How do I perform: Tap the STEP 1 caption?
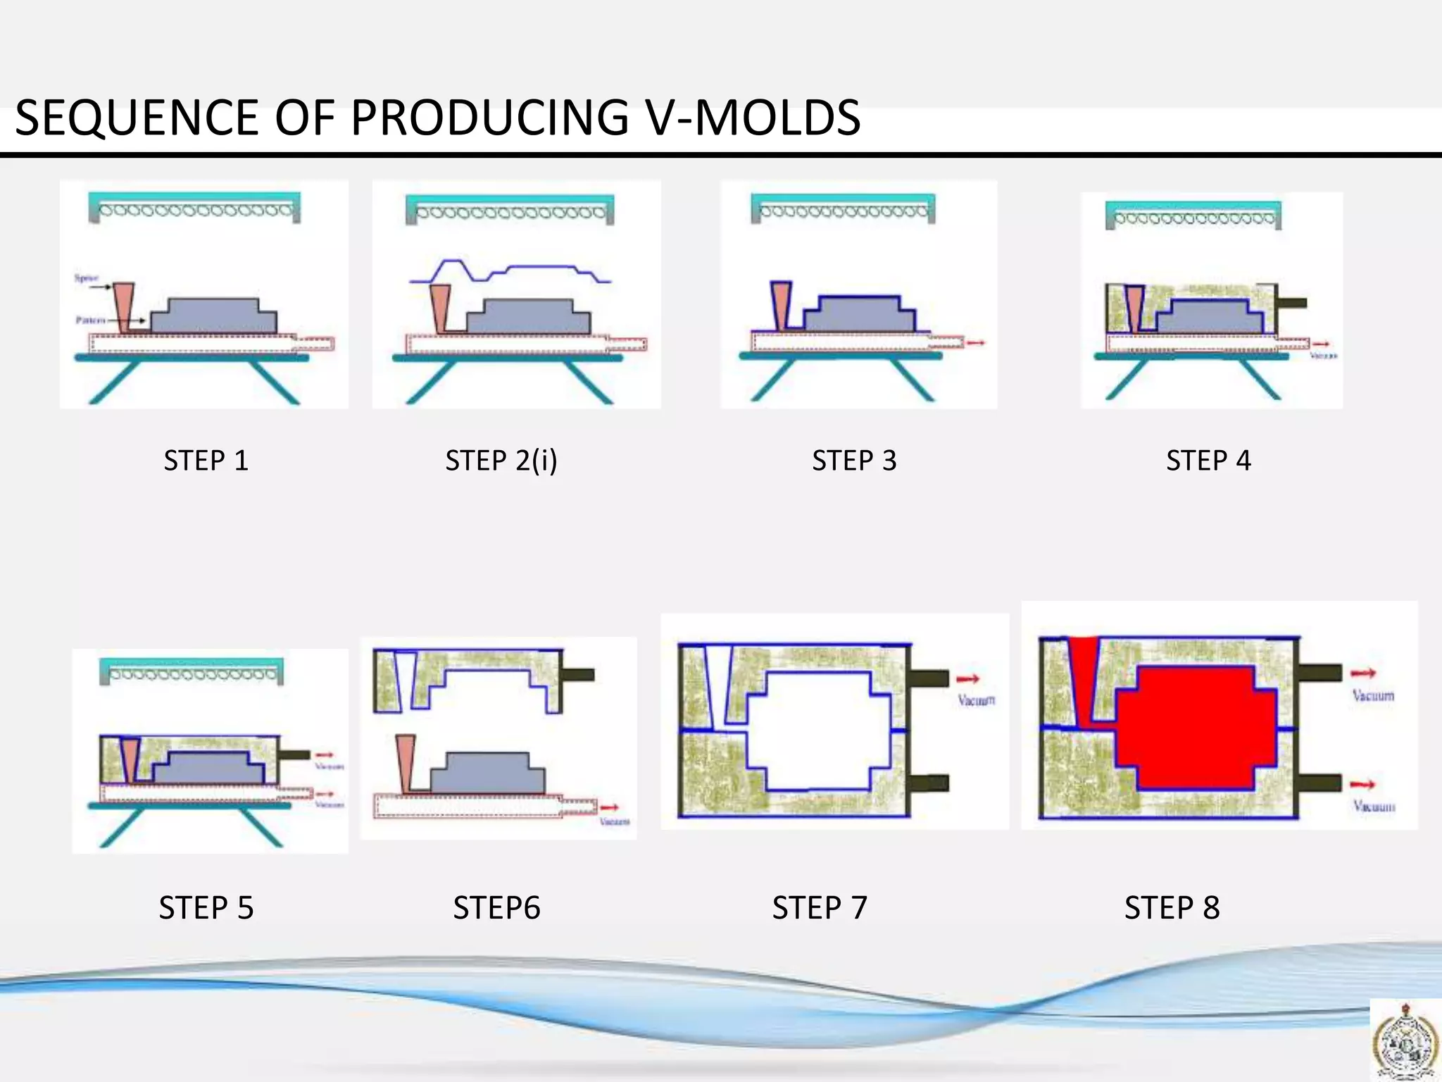pos(206,461)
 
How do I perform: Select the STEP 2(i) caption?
pos(501,461)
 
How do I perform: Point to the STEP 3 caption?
pos(854,461)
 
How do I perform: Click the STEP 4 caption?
pos(1208,461)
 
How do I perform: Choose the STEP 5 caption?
pos(206,908)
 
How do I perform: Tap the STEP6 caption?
pos(496,908)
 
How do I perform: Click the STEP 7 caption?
pos(820,908)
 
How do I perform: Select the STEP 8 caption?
pos(1172,908)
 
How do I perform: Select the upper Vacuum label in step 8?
pos(1373,696)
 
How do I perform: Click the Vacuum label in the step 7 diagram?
pos(977,700)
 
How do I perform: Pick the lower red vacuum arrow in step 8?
pos(1363,784)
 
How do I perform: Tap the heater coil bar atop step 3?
pos(843,209)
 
